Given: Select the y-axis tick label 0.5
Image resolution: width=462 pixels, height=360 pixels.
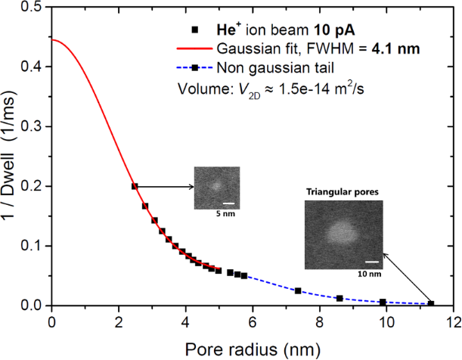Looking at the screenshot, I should tap(32, 8).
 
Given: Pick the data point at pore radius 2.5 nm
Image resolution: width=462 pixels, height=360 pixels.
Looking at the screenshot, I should tap(135, 186).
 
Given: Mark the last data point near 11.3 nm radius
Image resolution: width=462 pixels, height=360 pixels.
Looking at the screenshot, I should tap(431, 303).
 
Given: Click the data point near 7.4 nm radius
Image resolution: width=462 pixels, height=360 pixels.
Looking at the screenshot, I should tap(298, 290).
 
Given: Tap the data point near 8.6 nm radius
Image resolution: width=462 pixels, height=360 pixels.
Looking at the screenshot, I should tap(340, 298).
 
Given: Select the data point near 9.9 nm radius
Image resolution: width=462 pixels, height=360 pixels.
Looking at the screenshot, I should tap(383, 302).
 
